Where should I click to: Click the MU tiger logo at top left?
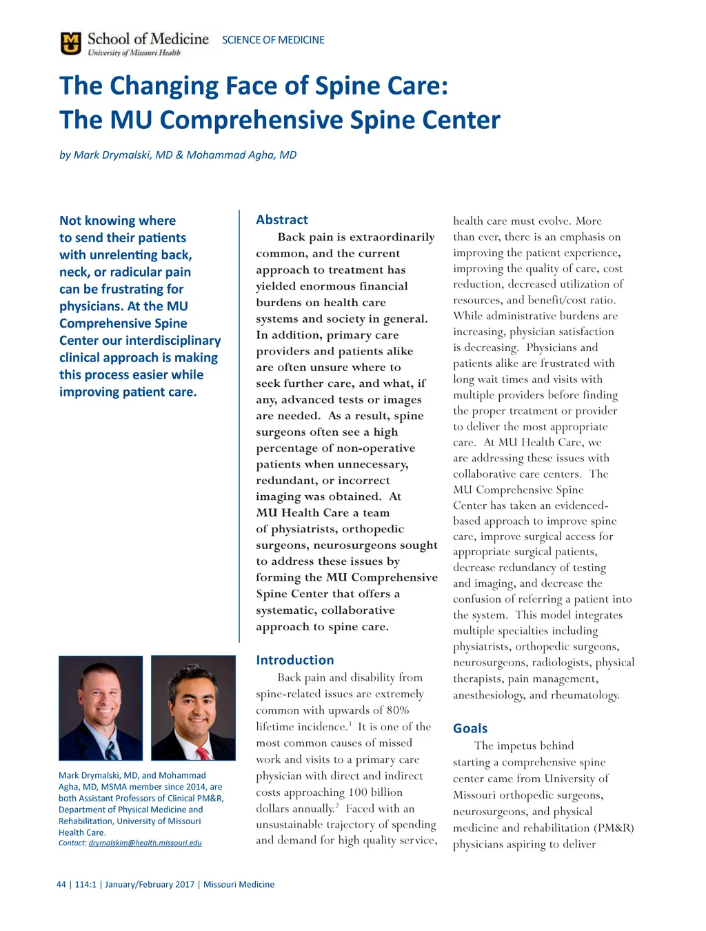[x=71, y=43]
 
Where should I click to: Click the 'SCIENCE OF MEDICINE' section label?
[x=273, y=40]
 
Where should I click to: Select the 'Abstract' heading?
[x=282, y=220]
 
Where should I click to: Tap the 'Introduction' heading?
[x=294, y=660]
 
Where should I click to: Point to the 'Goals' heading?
[x=470, y=728]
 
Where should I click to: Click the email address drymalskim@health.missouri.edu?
[x=145, y=843]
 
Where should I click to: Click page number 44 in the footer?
[x=61, y=884]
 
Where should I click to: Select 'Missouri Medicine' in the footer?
[x=239, y=884]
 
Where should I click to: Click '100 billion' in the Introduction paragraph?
[x=375, y=792]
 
